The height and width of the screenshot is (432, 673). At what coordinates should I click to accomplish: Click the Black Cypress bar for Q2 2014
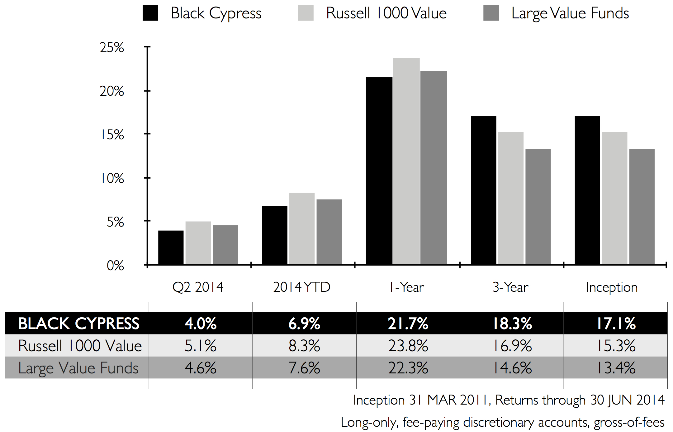coord(171,247)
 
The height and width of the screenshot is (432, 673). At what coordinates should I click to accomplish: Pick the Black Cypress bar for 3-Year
coord(483,190)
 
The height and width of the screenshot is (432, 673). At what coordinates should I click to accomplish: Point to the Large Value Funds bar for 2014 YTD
coord(329,232)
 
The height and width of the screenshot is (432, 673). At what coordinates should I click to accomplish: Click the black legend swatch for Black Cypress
coord(150,13)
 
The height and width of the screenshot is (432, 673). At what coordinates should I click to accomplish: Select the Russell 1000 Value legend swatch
coord(306,13)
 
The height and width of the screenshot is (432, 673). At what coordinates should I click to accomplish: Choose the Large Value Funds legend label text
coord(570,13)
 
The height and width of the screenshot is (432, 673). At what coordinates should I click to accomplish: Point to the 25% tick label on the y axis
coord(112,47)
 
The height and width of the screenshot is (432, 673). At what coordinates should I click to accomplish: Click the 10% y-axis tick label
coord(112,179)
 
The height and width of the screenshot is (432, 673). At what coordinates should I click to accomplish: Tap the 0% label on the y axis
coord(115,266)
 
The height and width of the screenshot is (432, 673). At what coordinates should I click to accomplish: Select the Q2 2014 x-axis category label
coord(198,287)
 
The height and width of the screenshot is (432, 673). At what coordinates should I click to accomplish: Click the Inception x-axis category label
coord(612,287)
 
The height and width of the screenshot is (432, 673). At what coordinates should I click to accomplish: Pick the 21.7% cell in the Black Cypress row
coord(408,324)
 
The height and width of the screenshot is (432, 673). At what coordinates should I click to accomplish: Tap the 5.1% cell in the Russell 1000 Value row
coord(201,346)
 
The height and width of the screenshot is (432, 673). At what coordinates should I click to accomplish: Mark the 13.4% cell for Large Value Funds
coord(616,368)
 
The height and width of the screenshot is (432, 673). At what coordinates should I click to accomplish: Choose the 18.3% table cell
coord(512,324)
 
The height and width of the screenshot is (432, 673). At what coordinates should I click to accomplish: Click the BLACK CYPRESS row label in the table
coord(79,324)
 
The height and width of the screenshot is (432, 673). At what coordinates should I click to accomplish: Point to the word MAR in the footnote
coord(441,400)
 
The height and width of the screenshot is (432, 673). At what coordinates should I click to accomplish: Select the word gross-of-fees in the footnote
coord(629,422)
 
